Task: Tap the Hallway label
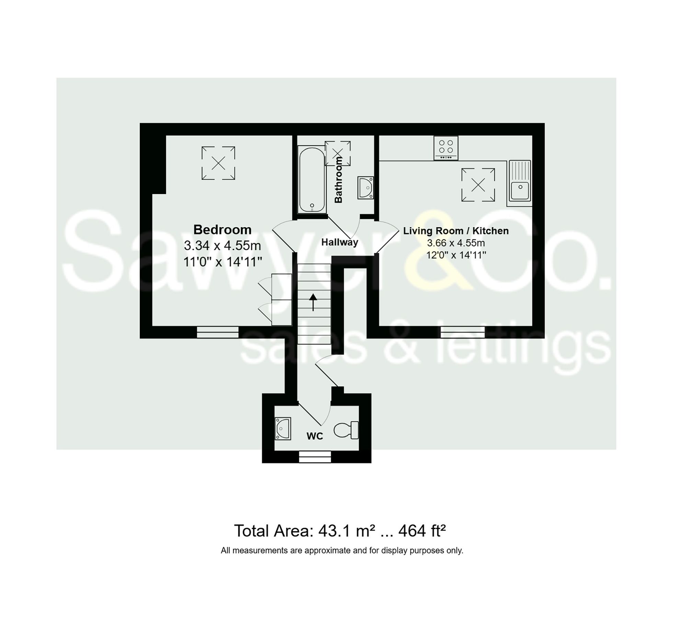339,242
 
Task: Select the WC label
315,436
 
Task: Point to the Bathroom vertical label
338,180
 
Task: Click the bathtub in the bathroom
312,180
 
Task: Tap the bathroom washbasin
365,188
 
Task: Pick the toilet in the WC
346,430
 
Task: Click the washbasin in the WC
283,429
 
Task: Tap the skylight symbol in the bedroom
218,163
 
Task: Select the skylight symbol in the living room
478,185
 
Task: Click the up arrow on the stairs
313,302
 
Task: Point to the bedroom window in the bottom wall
218,332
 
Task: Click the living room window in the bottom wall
462,332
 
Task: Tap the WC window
315,457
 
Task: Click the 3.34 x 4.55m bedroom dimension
222,246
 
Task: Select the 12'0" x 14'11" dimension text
456,255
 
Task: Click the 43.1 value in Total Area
333,531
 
